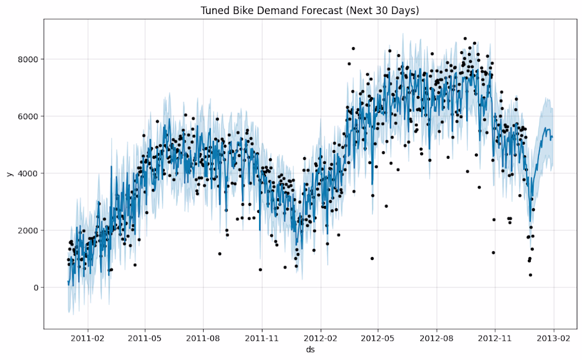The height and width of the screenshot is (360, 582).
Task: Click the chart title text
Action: (310, 10)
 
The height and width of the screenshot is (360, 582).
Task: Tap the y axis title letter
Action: (8, 173)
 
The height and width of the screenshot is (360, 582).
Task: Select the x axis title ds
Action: (310, 350)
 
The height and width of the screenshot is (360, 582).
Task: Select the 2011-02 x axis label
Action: (87, 337)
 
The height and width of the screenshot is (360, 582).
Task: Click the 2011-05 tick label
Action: (145, 337)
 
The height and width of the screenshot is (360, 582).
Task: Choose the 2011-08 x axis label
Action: (204, 337)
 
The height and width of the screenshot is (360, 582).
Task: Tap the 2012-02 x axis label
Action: (321, 337)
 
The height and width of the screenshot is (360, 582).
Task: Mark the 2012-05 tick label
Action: (378, 337)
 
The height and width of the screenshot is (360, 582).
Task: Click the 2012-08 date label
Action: (436, 337)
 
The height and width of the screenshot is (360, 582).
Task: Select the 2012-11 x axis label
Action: (495, 337)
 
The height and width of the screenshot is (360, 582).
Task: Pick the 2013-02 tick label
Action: (553, 337)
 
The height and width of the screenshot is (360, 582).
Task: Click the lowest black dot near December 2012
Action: (530, 275)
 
